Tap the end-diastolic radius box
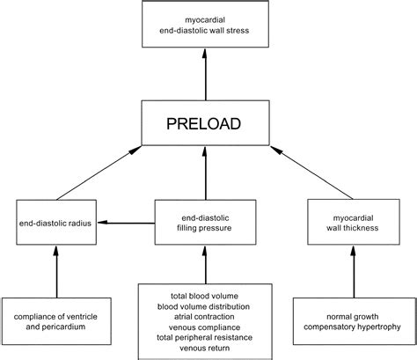[x=55, y=223]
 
